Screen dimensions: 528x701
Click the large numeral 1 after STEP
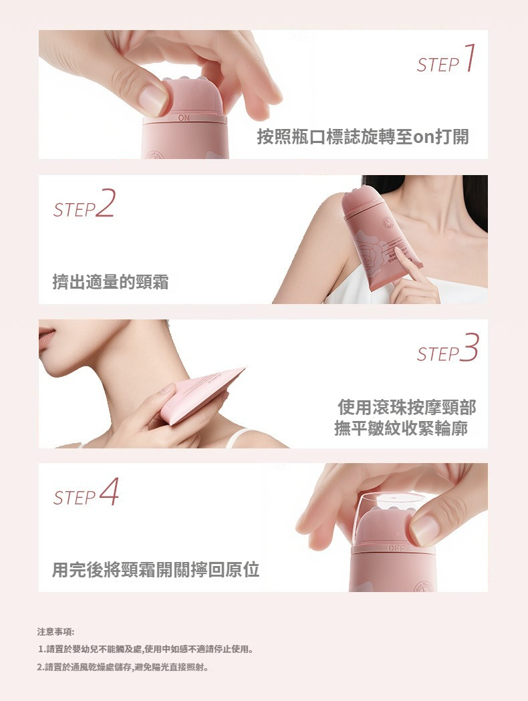coord(469,57)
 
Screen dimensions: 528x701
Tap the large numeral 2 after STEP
coord(105,203)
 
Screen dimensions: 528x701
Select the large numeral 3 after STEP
coord(469,347)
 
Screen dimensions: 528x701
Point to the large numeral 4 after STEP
coord(109,491)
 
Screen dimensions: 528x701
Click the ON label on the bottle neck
coord(184,118)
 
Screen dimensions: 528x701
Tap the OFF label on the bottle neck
coord(396,548)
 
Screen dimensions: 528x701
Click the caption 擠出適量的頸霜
coord(110,282)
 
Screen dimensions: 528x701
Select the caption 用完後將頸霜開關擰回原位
coord(156,569)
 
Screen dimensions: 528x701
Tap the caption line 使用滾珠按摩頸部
coord(406,407)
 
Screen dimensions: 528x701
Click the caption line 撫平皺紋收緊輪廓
coord(401,428)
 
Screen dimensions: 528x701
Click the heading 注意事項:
coord(56,632)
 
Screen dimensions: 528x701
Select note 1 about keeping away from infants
coord(146,649)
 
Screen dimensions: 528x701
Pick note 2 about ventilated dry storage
coord(124,668)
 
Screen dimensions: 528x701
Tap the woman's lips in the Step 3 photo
coord(47,337)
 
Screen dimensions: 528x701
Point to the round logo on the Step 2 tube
coord(387,222)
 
